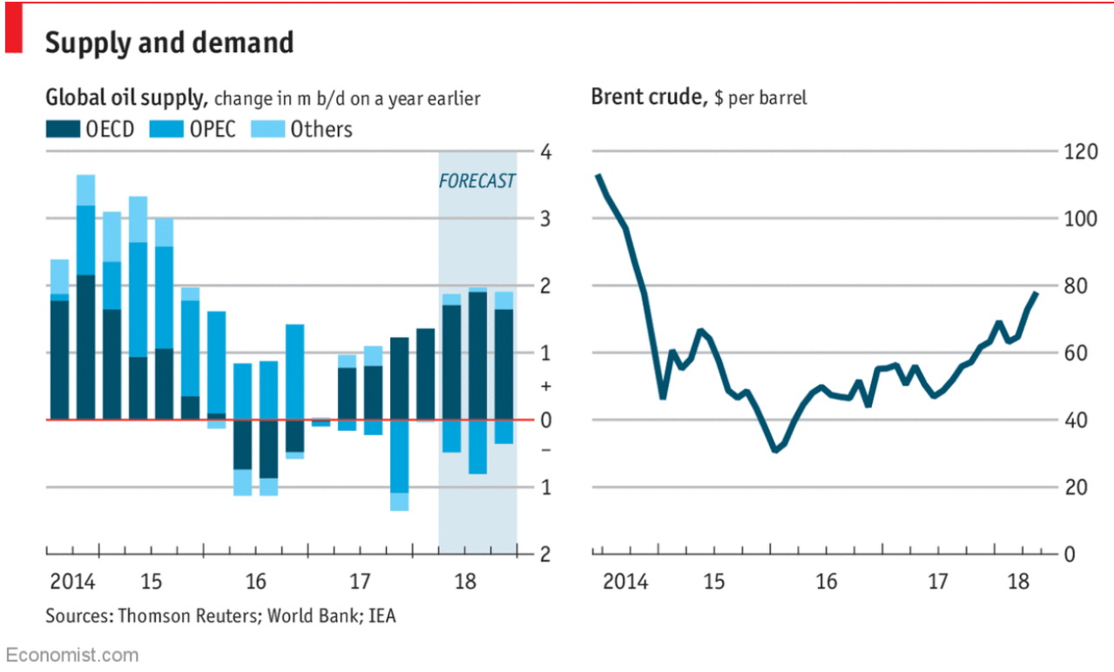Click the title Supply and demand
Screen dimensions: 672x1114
[169, 43]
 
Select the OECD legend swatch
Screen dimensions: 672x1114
[63, 130]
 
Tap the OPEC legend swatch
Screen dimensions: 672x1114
[166, 130]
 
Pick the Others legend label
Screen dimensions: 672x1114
[321, 130]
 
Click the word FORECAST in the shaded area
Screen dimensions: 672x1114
[476, 181]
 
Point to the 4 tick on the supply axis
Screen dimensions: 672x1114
[544, 151]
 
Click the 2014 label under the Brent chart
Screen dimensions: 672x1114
[625, 581]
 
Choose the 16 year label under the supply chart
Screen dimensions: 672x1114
[255, 581]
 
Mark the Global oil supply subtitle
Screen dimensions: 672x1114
[125, 97]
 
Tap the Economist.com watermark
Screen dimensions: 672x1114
[71, 655]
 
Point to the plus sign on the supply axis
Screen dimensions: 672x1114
[544, 386]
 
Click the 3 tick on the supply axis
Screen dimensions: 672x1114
[544, 218]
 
